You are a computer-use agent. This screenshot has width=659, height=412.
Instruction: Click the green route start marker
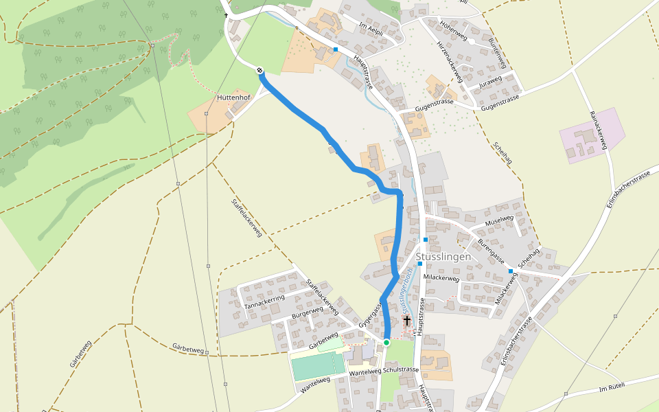point(386,342)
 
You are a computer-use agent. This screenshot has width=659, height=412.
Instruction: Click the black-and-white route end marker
point(260,70)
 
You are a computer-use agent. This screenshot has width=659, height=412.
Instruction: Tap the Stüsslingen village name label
point(443,257)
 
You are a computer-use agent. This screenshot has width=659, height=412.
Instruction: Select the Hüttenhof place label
point(233,98)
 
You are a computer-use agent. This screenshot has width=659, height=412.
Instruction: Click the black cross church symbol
point(407,321)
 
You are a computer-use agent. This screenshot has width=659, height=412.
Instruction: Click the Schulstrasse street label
point(401,369)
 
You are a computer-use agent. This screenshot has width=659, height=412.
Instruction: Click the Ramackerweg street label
point(599,129)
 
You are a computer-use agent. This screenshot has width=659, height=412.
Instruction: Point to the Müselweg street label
point(499,220)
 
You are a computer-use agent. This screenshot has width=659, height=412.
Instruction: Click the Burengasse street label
point(492,249)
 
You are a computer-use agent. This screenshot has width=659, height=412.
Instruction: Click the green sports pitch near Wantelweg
point(319,365)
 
